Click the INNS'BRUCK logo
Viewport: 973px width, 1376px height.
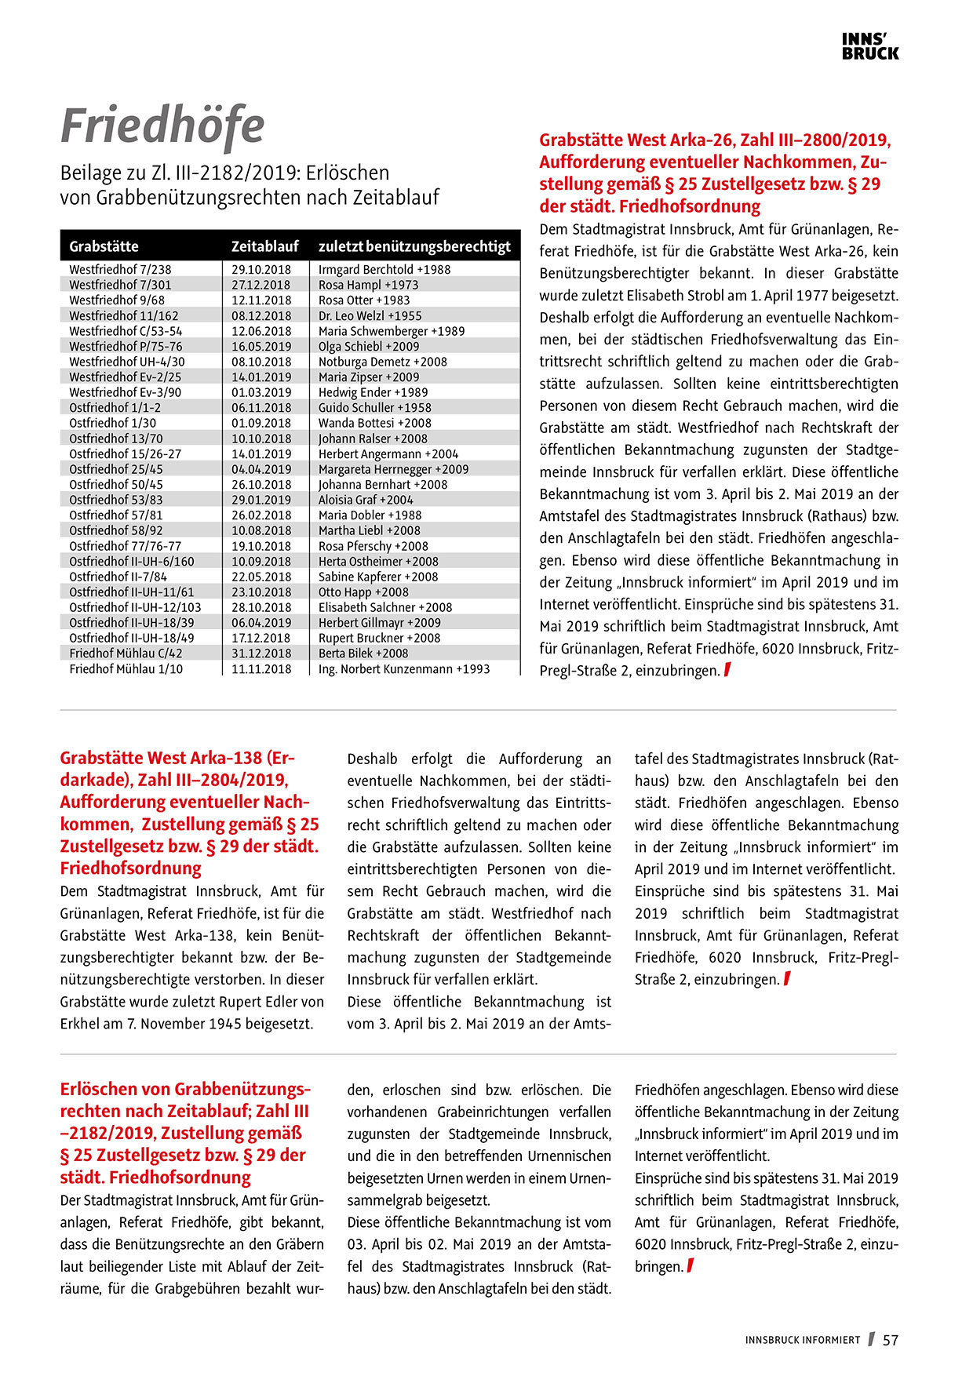(x=869, y=46)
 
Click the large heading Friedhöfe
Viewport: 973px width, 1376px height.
(x=162, y=126)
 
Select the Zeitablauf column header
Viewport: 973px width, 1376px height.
(x=264, y=246)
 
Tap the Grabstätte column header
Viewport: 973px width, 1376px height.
(x=104, y=246)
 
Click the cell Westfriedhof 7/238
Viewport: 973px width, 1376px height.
(x=120, y=269)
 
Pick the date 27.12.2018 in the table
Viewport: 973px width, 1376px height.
(x=261, y=285)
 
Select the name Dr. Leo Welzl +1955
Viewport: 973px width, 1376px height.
(x=370, y=315)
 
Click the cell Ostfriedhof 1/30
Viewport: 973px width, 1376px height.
(x=112, y=423)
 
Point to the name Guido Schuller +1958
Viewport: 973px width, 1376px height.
(x=374, y=408)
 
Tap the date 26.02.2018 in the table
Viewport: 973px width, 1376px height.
(x=261, y=515)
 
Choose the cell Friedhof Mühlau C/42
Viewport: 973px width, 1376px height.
(x=126, y=653)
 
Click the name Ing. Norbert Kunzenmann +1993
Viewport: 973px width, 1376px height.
(x=403, y=669)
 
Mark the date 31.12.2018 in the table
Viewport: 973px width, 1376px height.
(x=261, y=653)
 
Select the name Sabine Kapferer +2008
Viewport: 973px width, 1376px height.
(x=377, y=577)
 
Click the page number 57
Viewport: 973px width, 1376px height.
(x=891, y=1341)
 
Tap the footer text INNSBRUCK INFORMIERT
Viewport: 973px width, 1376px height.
(x=802, y=1341)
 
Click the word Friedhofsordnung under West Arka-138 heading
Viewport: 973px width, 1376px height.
(x=130, y=868)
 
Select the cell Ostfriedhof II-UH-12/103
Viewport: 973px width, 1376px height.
(x=135, y=607)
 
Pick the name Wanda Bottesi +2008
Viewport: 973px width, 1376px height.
(x=374, y=423)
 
